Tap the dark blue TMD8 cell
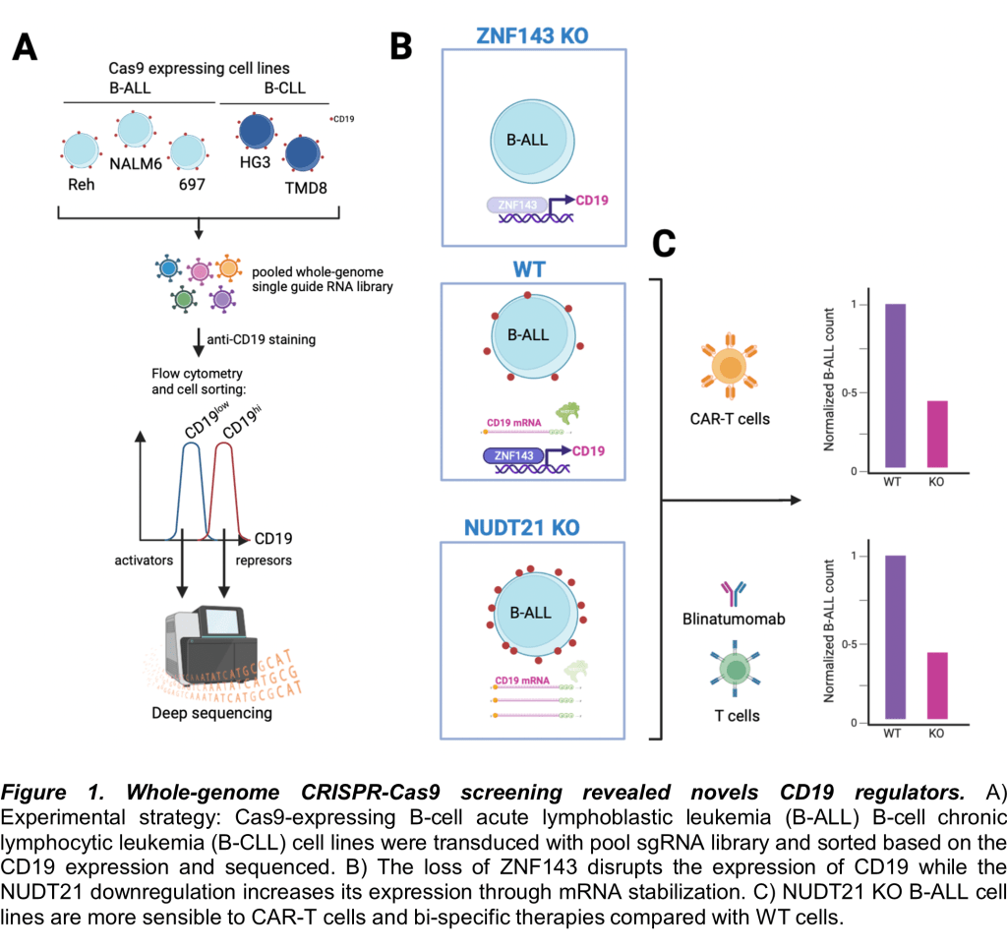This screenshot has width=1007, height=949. (303, 156)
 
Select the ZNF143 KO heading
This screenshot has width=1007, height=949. (532, 36)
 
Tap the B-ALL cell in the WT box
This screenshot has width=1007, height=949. (528, 335)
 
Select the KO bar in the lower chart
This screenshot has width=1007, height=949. (937, 686)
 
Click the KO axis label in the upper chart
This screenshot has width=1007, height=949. (937, 482)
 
